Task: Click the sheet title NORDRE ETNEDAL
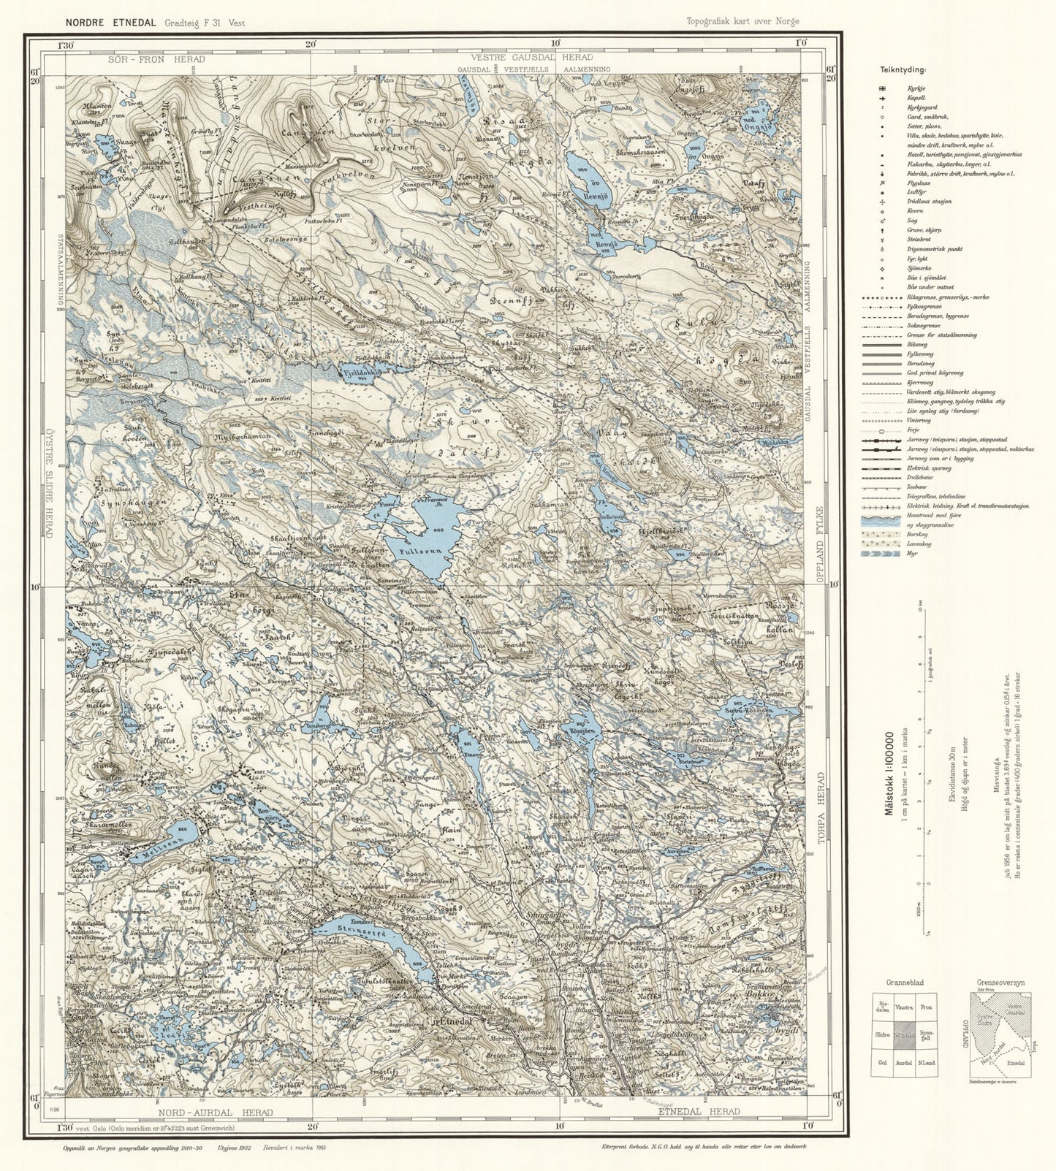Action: [110, 23]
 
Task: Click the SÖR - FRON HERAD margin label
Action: [154, 58]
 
